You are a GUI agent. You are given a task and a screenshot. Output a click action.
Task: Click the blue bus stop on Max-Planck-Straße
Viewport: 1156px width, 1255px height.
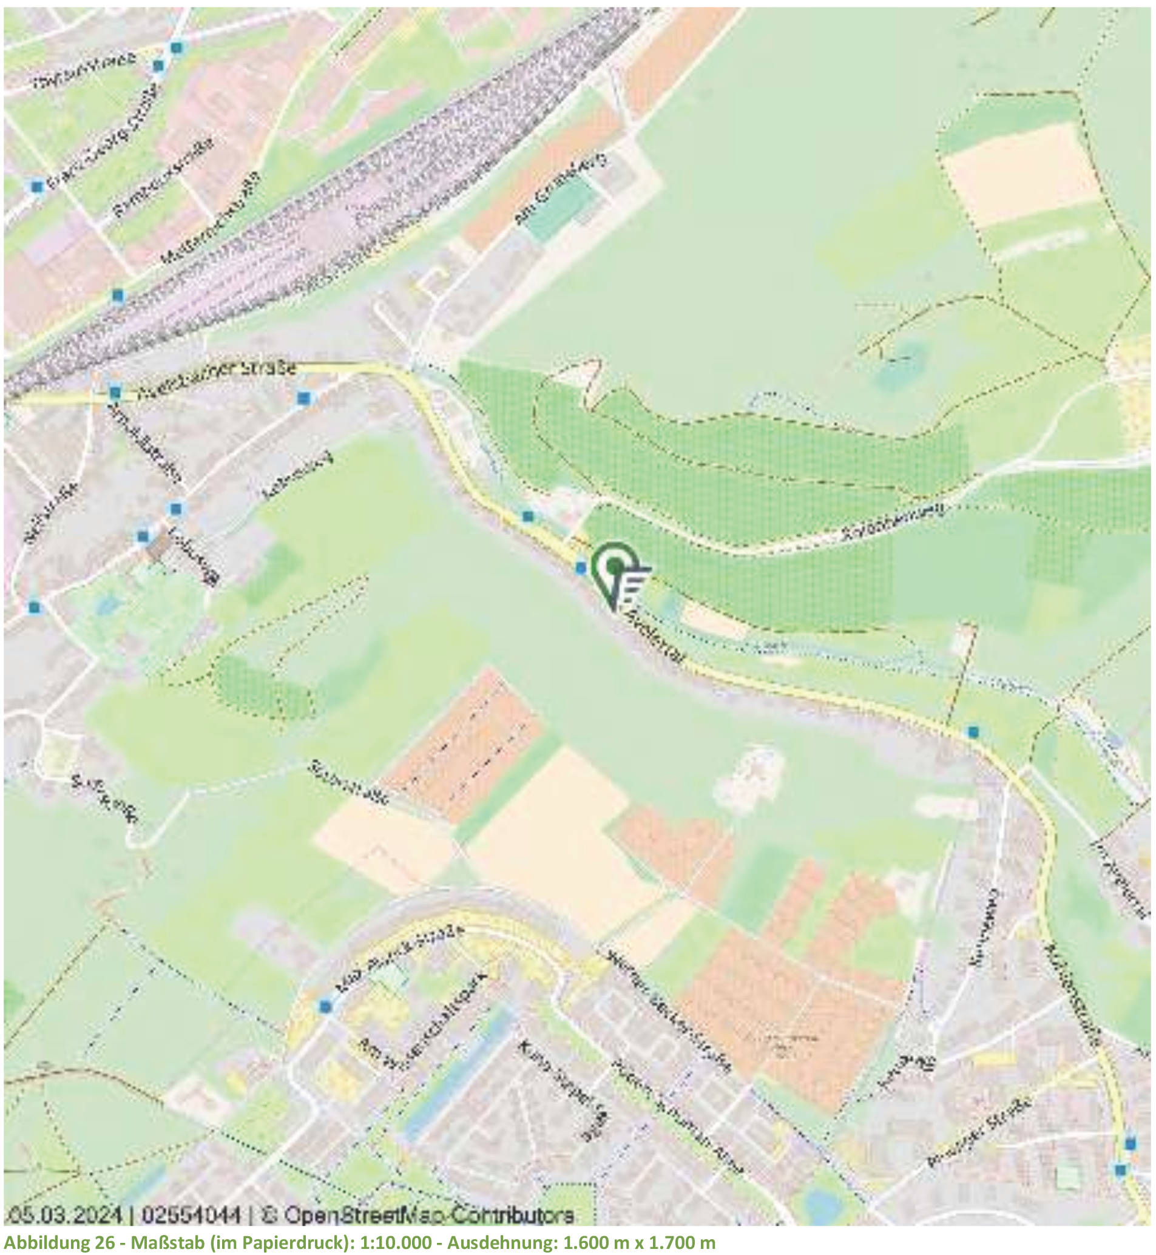click(x=325, y=1006)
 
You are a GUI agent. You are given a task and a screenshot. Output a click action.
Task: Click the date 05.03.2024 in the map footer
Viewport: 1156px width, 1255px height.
click(x=64, y=1215)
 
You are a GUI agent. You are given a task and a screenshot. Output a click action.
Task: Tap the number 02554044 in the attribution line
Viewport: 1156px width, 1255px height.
click(x=191, y=1215)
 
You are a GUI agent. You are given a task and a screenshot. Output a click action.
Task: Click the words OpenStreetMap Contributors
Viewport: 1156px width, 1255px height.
click(x=428, y=1215)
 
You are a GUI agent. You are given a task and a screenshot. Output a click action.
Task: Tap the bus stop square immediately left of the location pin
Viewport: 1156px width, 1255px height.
click(x=581, y=568)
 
